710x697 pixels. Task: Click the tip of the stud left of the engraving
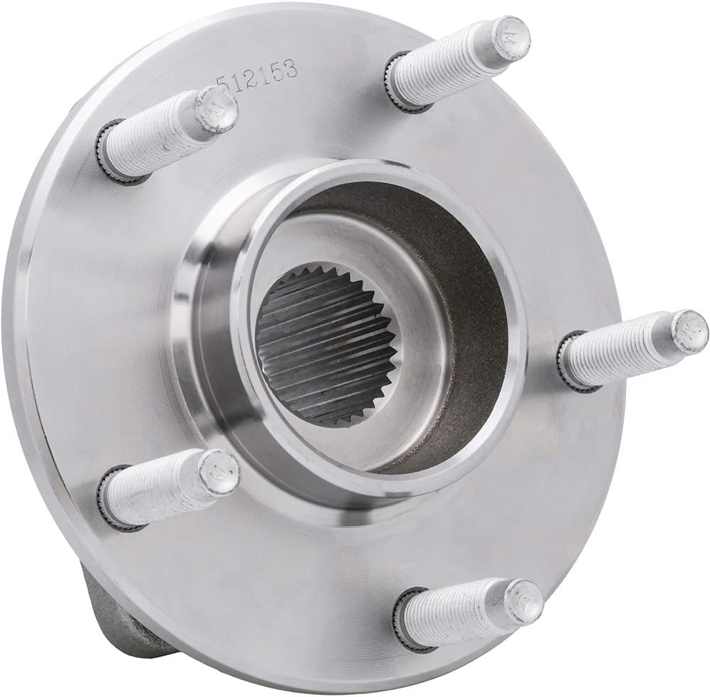[213, 110]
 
